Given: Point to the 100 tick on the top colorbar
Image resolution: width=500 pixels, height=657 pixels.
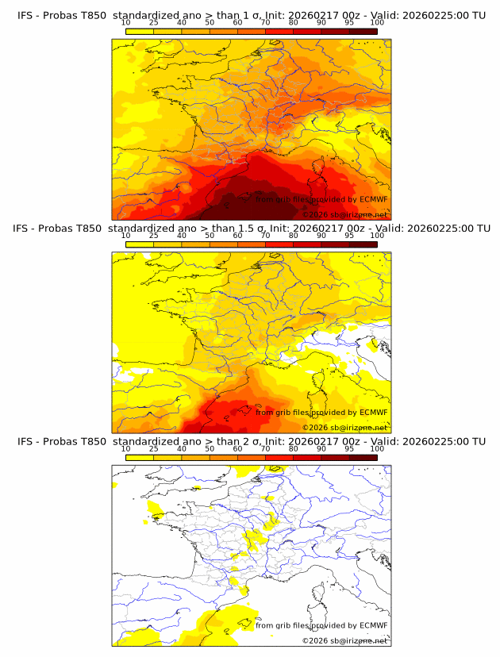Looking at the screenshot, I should point(377,23).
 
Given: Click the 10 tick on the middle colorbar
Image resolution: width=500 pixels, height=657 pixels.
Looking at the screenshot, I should point(125,236).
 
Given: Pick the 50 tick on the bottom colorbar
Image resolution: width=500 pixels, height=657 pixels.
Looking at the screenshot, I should point(210,449).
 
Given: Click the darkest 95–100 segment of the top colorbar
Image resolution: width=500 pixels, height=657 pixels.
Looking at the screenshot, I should point(363,32).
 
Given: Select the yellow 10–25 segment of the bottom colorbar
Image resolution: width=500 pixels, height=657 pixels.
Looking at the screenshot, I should point(140,458).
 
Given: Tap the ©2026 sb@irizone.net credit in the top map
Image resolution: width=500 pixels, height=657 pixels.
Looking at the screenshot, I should point(344,214).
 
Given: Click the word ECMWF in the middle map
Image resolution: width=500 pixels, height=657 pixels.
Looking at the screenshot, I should point(373,412).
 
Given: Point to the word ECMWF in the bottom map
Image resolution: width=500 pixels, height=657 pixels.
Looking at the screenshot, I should point(373,625).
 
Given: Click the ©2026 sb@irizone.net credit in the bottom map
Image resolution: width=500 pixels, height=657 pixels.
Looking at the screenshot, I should point(344,640).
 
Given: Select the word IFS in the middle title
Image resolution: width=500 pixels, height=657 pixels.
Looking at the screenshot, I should point(25,229).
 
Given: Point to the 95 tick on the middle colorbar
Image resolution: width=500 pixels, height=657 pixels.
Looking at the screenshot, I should point(349,236).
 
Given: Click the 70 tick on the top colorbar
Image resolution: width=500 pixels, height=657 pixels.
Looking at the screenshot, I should point(265,23).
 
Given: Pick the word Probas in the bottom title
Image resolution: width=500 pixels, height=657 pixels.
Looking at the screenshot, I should point(60,441).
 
